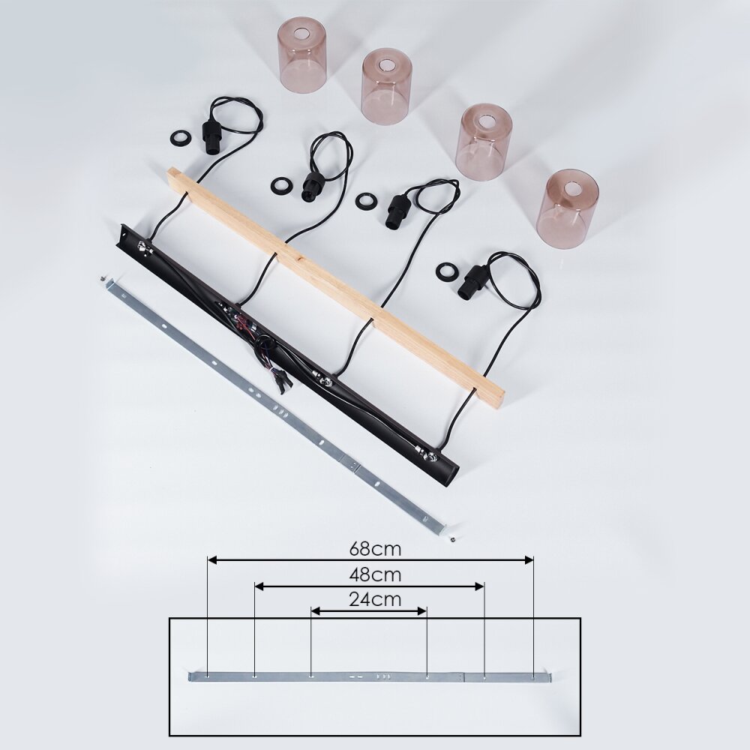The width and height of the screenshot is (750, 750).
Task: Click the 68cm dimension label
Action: pos(375,549)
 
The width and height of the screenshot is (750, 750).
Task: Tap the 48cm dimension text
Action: pos(375,574)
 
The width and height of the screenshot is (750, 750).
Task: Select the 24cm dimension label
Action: pos(375,599)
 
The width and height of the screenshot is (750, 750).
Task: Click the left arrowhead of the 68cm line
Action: pos(213,559)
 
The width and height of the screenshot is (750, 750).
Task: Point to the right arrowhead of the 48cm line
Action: pos(479,586)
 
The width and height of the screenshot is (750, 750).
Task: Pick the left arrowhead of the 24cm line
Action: pos(316,611)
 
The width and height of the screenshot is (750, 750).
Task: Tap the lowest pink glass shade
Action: pos(567,208)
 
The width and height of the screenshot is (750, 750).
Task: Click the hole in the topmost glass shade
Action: pos(301,34)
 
